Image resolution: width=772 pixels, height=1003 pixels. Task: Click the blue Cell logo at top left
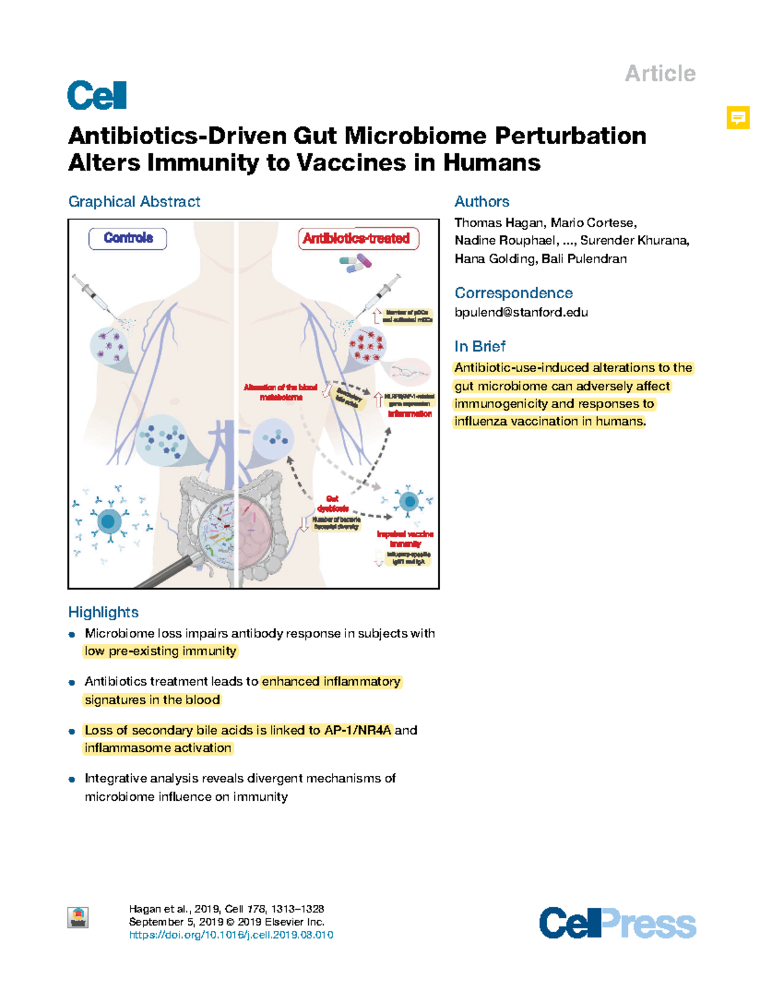tap(96, 96)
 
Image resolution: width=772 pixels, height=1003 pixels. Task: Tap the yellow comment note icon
tap(738, 118)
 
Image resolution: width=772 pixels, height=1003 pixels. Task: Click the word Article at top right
tap(660, 73)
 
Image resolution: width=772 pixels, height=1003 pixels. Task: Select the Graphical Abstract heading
tap(134, 202)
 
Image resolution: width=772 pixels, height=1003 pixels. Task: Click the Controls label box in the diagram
tap(127, 238)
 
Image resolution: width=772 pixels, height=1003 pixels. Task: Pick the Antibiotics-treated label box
tap(358, 239)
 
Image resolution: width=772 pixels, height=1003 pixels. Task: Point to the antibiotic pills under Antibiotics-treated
tap(356, 262)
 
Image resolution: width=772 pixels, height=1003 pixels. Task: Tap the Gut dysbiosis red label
tap(332, 503)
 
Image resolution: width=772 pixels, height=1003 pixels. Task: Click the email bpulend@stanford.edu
tap(521, 312)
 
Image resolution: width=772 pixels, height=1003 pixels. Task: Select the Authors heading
tap(482, 202)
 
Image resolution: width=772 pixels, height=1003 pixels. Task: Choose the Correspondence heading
tap(513, 293)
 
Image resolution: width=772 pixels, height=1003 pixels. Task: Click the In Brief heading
tap(480, 346)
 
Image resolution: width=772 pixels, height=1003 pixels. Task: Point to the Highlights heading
tap(104, 612)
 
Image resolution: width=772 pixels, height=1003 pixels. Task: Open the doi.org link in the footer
tap(231, 935)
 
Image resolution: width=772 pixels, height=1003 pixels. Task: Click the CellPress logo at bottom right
tap(618, 923)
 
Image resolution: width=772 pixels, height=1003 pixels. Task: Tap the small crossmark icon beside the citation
tap(78, 917)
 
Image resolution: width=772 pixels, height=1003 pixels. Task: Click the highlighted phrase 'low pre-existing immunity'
tap(160, 651)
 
